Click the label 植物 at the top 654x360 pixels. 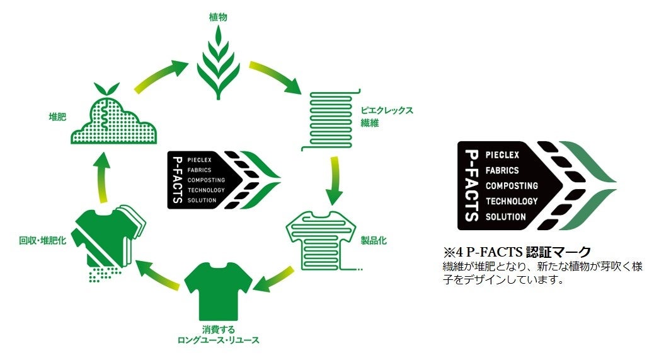[217, 17]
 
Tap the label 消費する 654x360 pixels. [218, 329]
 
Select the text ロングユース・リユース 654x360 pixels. [218, 340]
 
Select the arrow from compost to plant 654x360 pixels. [158, 78]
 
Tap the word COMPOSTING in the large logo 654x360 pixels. [512, 186]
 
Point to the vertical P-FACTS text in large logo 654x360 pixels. [471, 185]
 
